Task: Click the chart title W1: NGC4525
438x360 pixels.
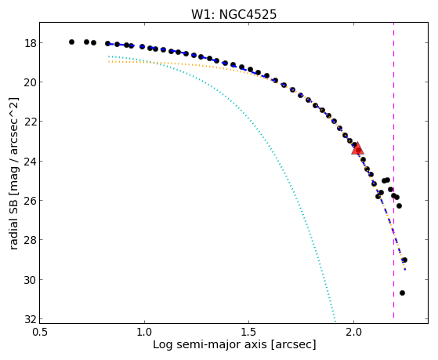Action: (x=233, y=15)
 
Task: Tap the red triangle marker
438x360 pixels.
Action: (x=357, y=149)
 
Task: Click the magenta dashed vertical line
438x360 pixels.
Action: (x=393, y=170)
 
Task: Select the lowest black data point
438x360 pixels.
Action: (x=402, y=293)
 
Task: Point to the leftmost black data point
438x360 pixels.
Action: (x=71, y=42)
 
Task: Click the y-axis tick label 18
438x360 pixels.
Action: (x=30, y=43)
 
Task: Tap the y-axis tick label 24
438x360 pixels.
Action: (x=30, y=162)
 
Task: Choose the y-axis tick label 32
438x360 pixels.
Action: (x=30, y=319)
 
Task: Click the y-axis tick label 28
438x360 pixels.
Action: (x=30, y=240)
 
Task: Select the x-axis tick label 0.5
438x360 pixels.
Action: (x=40, y=332)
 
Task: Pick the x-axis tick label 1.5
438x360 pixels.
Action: (x=249, y=332)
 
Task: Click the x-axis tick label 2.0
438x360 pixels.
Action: (x=353, y=332)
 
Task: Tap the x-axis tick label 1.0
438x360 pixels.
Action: (x=144, y=332)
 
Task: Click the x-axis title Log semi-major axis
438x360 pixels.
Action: (x=210, y=344)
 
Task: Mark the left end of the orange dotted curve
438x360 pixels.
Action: (x=108, y=61)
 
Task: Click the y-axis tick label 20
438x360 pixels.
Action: (x=30, y=82)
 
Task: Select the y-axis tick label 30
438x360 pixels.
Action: (x=30, y=280)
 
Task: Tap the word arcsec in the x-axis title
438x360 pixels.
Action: (x=292, y=344)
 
